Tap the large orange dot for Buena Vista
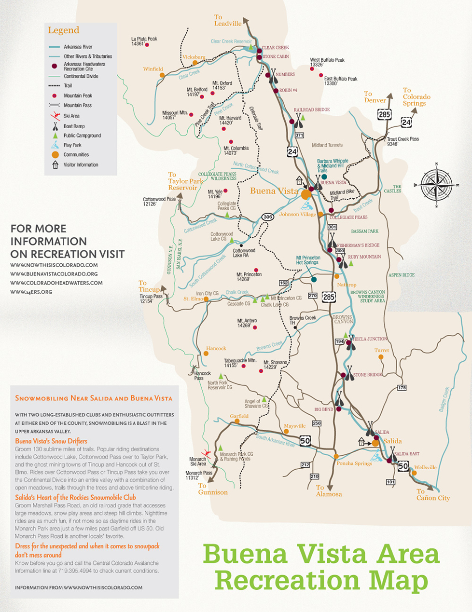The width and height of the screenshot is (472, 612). (x=306, y=195)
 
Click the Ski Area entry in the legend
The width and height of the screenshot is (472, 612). (x=71, y=116)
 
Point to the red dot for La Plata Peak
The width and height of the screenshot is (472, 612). (x=147, y=45)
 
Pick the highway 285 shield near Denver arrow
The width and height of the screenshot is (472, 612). (x=385, y=114)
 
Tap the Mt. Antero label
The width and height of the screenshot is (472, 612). (x=247, y=323)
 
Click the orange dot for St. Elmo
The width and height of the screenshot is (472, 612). (x=206, y=299)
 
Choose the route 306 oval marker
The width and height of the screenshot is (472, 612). (x=268, y=217)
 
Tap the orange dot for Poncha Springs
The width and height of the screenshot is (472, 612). (x=336, y=456)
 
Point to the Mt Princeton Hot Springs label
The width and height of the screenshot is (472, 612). (x=307, y=260)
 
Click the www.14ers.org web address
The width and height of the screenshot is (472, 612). (x=31, y=292)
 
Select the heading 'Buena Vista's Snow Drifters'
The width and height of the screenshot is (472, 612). (x=51, y=441)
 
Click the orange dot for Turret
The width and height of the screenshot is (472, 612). (x=381, y=357)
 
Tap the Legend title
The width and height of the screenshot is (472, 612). (x=63, y=30)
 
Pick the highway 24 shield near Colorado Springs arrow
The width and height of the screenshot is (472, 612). (x=406, y=122)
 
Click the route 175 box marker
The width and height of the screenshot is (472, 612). (x=402, y=388)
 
